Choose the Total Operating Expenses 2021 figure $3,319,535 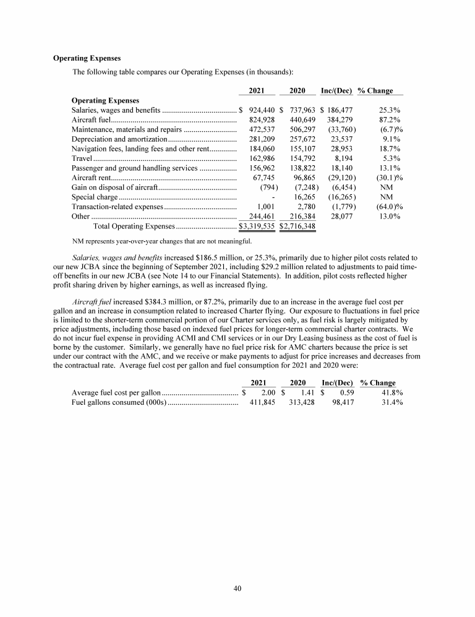(x=257, y=226)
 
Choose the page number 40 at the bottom (x=237, y=588)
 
